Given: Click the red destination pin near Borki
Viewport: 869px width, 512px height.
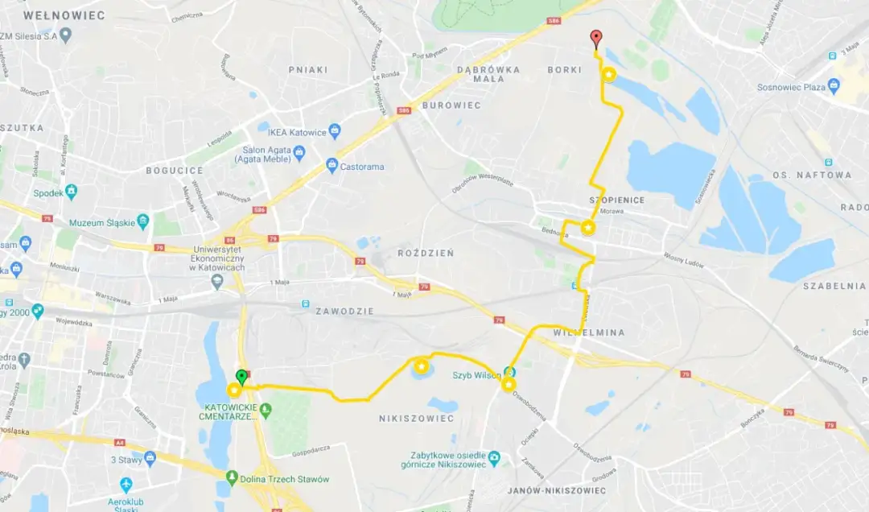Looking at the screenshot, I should point(595,38).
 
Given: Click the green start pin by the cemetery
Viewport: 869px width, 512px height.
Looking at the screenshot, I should point(241,376).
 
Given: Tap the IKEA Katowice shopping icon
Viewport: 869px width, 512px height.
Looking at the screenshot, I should point(335,132).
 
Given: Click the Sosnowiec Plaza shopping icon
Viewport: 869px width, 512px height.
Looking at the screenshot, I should point(834,86).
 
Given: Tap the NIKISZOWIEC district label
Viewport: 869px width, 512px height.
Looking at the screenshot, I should point(416,419).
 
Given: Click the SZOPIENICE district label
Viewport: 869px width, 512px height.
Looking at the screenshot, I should point(618,200).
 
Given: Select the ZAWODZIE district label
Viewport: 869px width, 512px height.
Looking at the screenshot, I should point(344,312).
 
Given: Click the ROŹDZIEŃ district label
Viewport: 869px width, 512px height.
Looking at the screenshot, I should point(426,254).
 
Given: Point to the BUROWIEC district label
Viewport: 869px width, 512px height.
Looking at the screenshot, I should point(451,105).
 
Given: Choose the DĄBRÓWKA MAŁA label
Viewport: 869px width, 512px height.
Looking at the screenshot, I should point(488,75).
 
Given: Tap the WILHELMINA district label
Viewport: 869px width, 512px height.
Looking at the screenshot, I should point(591,332).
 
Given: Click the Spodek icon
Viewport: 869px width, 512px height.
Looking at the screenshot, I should point(72,192).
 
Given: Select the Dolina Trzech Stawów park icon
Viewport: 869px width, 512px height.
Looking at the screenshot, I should point(233,478).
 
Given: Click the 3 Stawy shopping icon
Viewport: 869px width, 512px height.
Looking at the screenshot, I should point(150,459).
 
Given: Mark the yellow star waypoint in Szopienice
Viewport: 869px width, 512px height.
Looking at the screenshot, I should point(588,228).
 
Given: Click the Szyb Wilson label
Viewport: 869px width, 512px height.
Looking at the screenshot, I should point(476,375).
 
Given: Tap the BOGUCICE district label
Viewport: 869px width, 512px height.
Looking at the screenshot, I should point(175,171).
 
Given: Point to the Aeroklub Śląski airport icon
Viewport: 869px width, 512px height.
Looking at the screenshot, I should point(126,485).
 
